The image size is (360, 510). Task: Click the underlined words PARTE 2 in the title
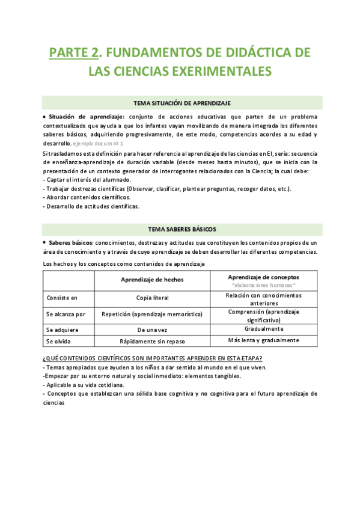click(74, 52)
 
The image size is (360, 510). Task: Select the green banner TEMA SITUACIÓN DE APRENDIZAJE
click(182, 103)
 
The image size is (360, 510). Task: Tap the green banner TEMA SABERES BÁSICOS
click(182, 229)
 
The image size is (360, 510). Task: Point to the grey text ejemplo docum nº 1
click(98, 144)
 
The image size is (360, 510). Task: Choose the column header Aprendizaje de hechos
click(152, 280)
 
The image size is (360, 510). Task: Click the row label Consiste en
click(62, 298)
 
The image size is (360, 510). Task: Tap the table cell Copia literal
click(152, 298)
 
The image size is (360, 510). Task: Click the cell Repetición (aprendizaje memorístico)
click(152, 314)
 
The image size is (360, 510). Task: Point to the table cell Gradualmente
click(263, 329)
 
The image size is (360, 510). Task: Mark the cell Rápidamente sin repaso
click(152, 341)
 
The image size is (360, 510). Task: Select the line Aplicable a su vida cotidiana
click(84, 384)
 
